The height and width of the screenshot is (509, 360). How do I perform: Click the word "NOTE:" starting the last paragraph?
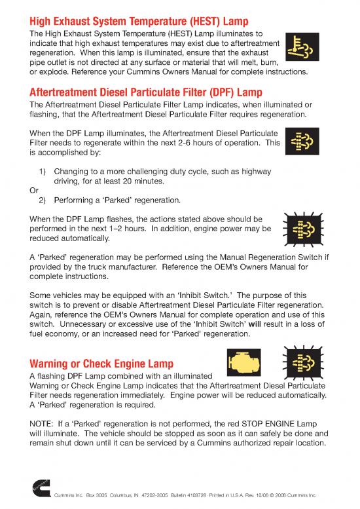46,423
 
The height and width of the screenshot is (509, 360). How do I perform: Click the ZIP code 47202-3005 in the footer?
143,494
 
